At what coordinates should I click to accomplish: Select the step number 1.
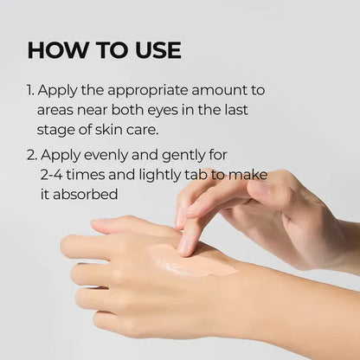coord(30,91)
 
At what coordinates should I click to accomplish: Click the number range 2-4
coord(55,176)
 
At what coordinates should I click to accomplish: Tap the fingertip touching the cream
coord(185,246)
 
